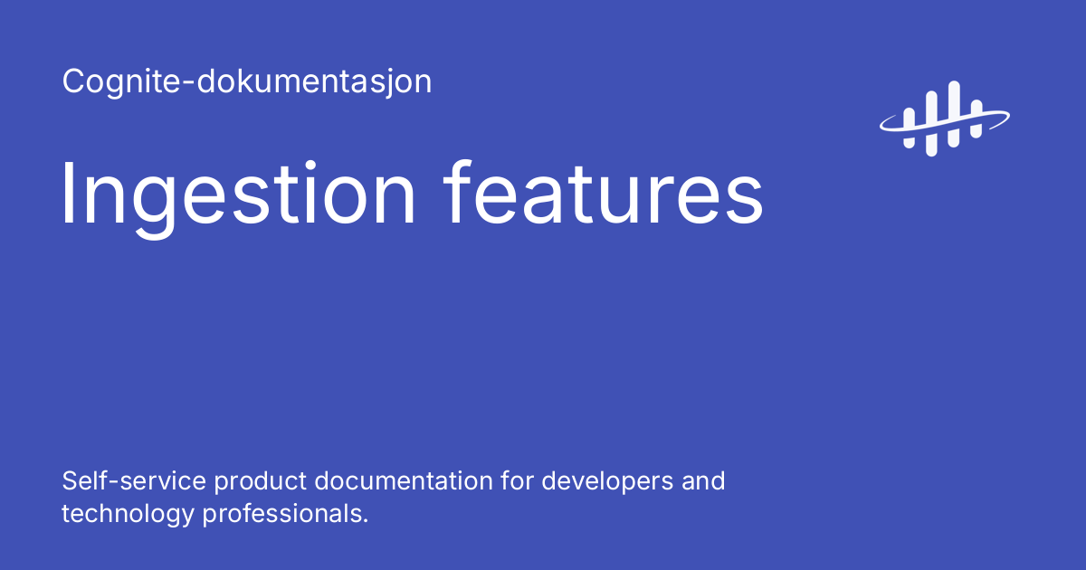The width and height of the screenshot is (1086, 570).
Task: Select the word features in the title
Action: pos(605,194)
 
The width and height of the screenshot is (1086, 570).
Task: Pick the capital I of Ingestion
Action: pos(69,194)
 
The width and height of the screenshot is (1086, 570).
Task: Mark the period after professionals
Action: pos(366,522)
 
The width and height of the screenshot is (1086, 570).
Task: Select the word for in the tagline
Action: pos(519,480)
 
